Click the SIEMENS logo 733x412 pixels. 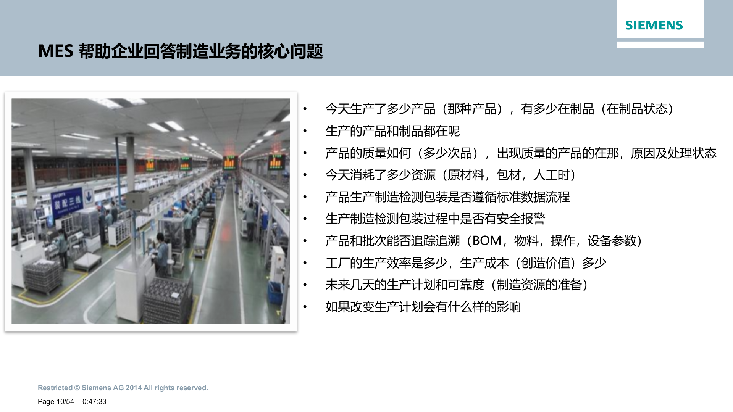[654, 25]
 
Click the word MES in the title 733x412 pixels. [55, 51]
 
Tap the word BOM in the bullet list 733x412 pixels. [487, 241]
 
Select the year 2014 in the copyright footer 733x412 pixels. [133, 388]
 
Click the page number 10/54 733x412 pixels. [65, 402]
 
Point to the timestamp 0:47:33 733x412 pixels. [94, 402]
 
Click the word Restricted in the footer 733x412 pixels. [55, 388]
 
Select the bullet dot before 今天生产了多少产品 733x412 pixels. [305, 109]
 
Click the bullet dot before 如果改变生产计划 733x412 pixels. [305, 307]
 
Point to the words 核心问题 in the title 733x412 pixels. [290, 51]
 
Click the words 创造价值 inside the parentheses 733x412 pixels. [545, 263]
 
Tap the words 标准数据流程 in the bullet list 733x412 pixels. [533, 197]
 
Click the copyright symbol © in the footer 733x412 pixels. [77, 388]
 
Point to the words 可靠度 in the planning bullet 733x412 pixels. [466, 285]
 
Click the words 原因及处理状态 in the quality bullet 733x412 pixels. [673, 153]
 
